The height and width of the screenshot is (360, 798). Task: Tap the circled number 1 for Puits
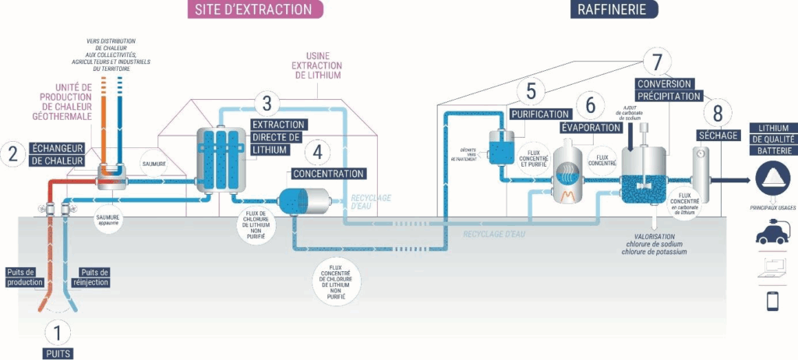(x=57, y=333)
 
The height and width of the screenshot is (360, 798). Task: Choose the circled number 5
(x=530, y=91)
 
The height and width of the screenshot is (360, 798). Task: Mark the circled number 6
(x=590, y=104)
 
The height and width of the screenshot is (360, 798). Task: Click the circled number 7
(x=657, y=60)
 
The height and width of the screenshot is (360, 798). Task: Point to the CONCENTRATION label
(x=328, y=173)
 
